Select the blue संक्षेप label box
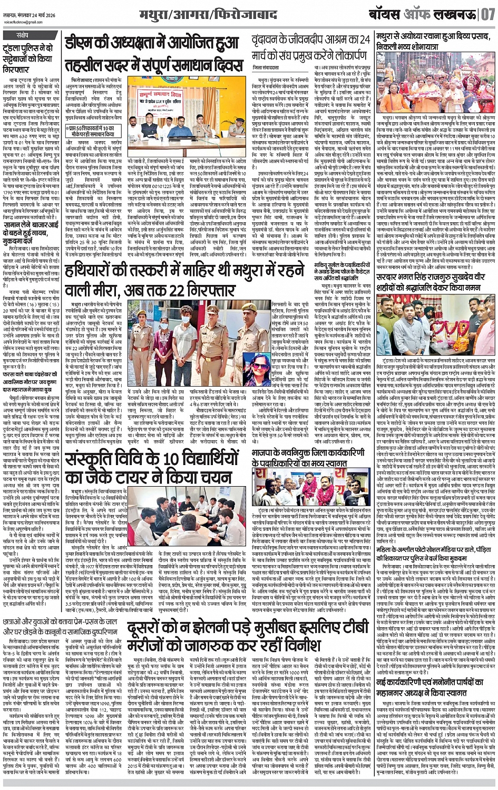[23, 36]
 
